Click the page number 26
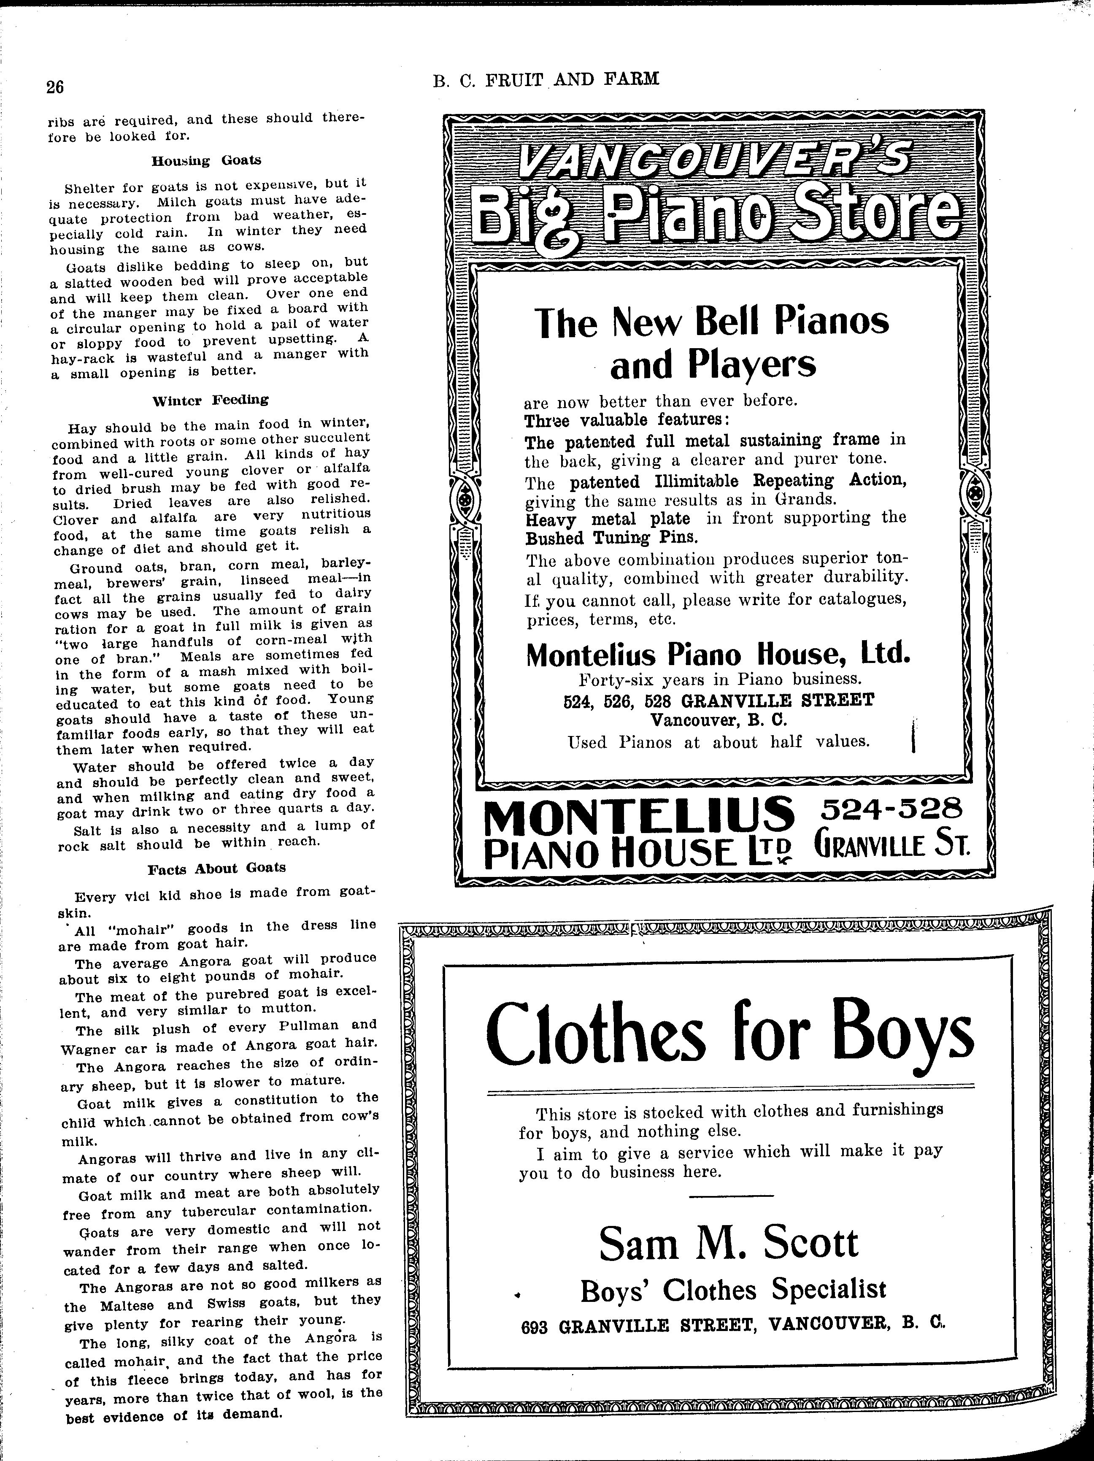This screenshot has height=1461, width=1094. [x=55, y=88]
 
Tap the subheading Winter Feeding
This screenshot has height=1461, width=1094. [x=210, y=400]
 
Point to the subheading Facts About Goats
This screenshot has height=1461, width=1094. [x=216, y=868]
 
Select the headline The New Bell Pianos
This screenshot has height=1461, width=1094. [x=713, y=322]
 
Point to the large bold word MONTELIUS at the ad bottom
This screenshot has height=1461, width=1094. [x=638, y=814]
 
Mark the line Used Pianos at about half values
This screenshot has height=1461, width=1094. [x=719, y=742]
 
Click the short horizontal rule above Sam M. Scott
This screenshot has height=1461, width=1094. [x=731, y=1196]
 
